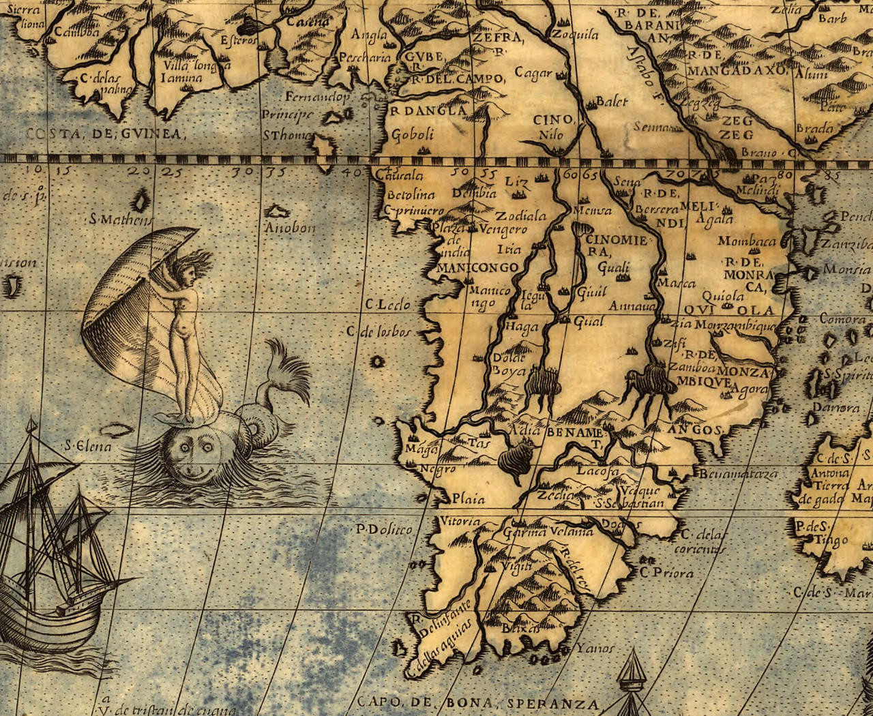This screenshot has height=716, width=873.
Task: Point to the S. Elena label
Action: coord(88,446)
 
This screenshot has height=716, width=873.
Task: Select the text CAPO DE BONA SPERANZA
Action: coord(477,704)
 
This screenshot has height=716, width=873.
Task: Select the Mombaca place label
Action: coord(747,241)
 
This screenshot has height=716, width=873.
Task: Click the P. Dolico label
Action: coord(384,528)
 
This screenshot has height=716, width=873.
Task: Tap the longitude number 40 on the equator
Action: coord(352,171)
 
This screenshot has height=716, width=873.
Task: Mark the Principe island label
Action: coord(287,115)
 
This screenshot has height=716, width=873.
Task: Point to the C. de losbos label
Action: coord(379,332)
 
